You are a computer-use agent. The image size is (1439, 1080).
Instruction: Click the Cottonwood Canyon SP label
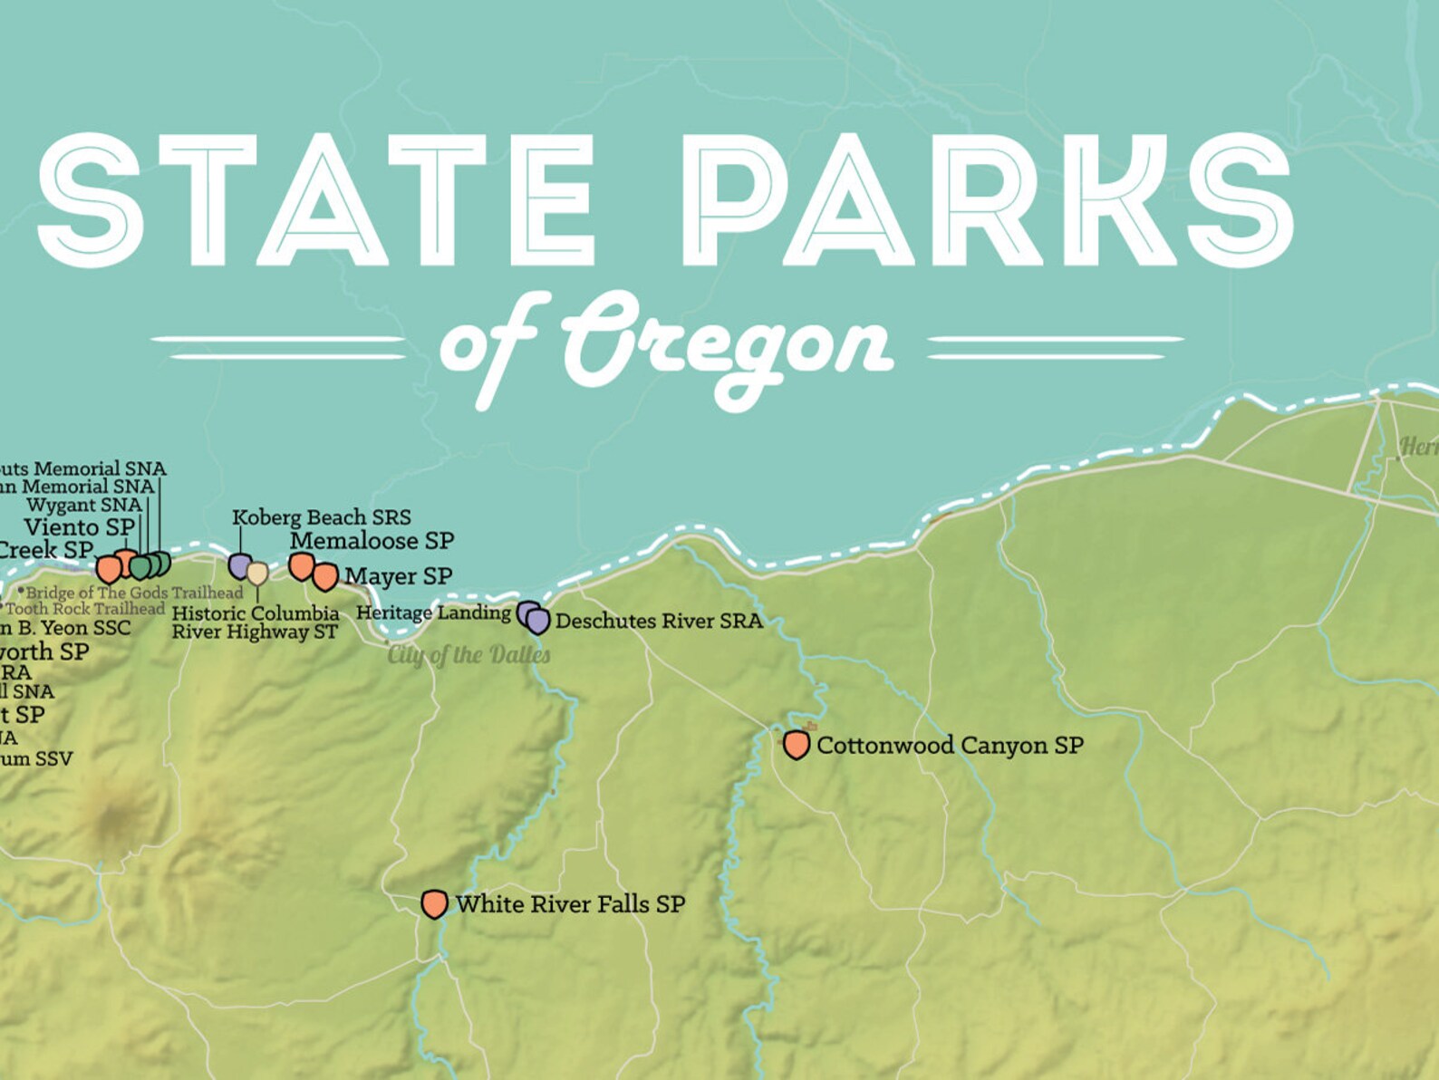click(950, 746)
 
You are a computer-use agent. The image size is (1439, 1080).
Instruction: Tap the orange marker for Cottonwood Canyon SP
click(796, 745)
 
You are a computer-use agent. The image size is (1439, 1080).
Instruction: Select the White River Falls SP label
click(570, 904)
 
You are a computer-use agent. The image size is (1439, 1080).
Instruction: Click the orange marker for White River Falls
click(434, 903)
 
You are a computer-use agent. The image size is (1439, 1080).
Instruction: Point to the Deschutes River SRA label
click(659, 622)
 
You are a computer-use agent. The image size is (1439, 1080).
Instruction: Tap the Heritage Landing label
click(433, 612)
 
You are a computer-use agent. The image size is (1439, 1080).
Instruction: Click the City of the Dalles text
click(468, 655)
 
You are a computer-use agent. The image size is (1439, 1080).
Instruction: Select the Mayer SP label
click(398, 576)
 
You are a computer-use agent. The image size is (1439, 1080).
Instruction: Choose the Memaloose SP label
click(372, 541)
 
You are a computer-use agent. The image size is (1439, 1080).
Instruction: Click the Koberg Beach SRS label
click(321, 517)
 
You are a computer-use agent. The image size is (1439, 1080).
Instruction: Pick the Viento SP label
click(79, 527)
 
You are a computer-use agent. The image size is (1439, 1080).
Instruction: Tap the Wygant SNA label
click(83, 505)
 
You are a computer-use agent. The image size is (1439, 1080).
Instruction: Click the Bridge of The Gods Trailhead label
click(134, 593)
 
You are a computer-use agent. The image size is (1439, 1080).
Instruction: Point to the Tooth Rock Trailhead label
click(84, 609)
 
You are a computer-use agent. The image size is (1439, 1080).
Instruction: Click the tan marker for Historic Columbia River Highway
click(257, 574)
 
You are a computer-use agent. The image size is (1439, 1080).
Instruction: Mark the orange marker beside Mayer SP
click(324, 575)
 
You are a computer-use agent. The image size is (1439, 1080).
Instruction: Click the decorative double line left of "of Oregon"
click(277, 347)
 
